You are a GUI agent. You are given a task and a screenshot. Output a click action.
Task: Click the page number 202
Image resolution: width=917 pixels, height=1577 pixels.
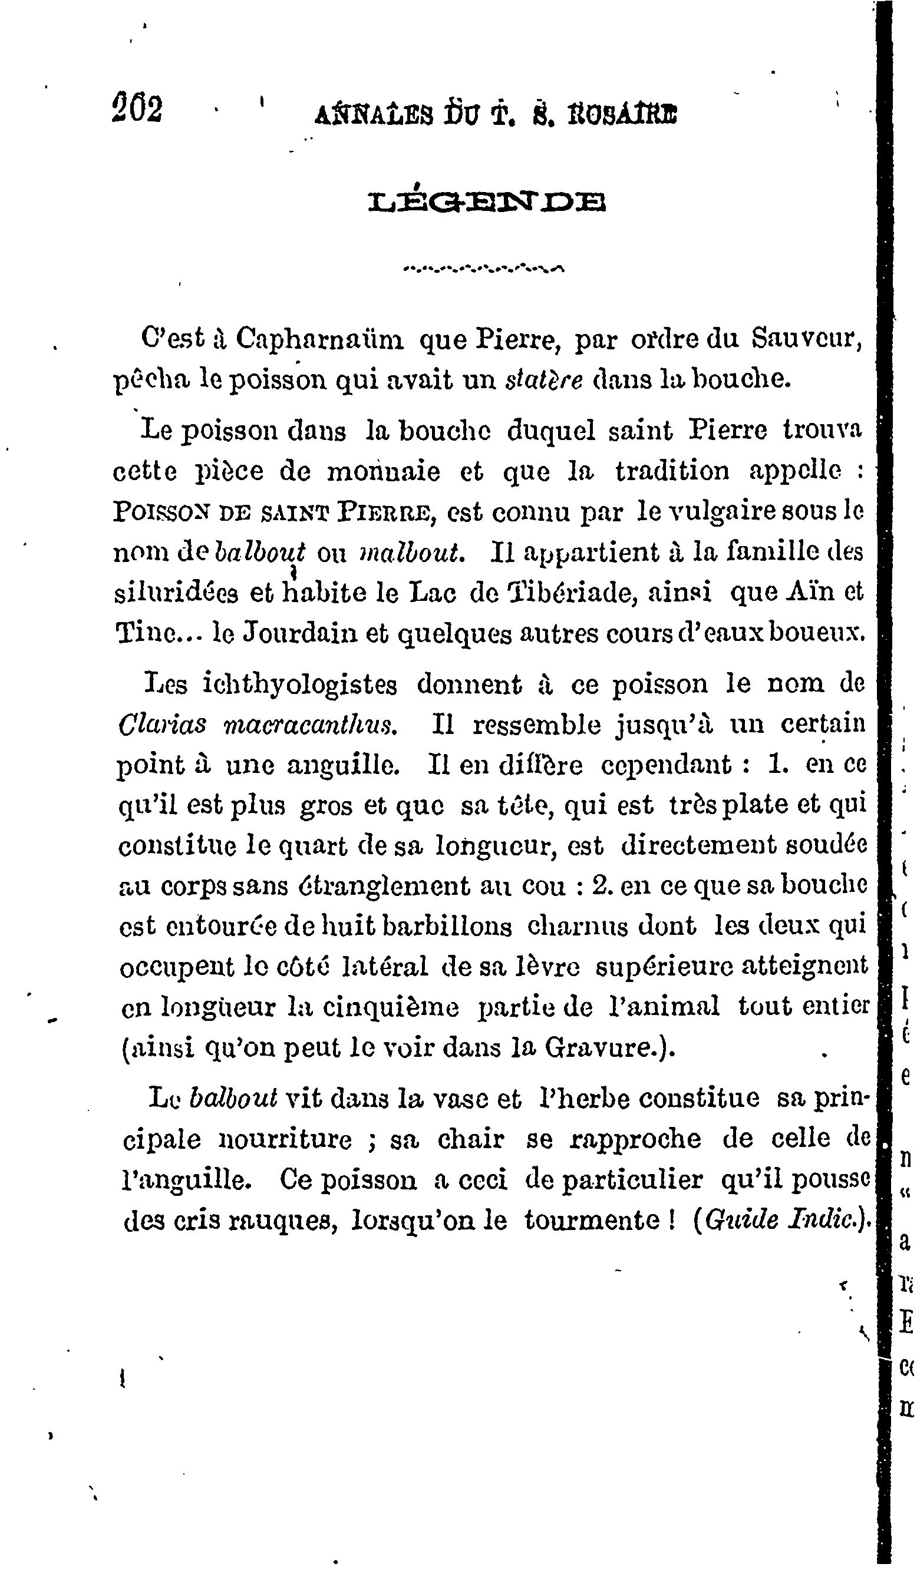click(x=137, y=108)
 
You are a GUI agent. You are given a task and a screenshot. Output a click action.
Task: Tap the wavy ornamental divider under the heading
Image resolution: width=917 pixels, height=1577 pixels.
click(x=484, y=270)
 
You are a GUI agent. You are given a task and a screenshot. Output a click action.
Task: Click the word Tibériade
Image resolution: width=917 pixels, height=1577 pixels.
click(x=567, y=593)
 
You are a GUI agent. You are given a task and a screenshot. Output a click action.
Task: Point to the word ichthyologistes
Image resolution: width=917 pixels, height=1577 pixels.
click(x=301, y=684)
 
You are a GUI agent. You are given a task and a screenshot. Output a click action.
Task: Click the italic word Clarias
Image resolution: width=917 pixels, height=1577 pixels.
click(x=162, y=725)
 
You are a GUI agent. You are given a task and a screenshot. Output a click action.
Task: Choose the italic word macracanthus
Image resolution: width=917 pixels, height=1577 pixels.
click(x=309, y=725)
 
